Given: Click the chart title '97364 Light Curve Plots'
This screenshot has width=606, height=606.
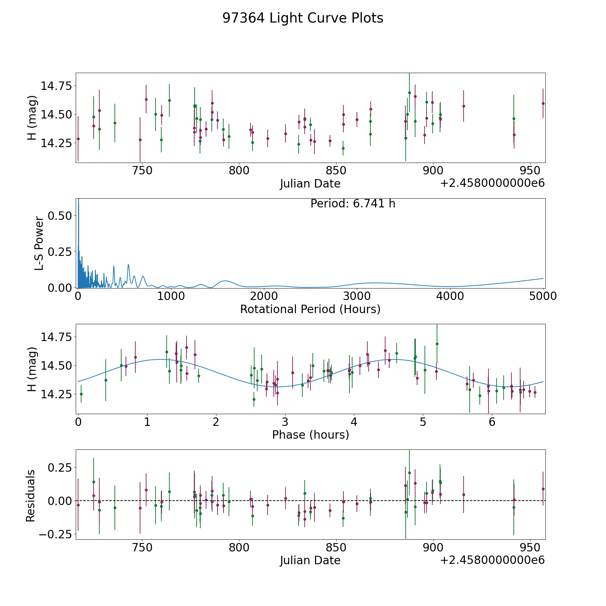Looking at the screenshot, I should (303, 18).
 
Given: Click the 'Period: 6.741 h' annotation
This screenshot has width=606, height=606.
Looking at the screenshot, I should (353, 204).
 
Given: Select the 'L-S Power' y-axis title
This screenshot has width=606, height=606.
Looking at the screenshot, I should (39, 243).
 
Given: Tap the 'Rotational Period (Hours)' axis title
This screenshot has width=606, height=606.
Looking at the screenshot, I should (310, 309).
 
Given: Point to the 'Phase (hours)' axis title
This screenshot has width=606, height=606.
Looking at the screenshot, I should (310, 435).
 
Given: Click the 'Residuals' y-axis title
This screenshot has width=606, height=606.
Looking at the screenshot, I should (31, 496).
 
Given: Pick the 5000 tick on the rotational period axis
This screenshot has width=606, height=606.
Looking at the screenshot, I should (543, 296).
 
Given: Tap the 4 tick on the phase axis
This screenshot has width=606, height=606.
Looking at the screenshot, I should (354, 422).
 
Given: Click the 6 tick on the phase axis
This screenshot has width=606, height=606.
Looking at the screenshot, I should (492, 422).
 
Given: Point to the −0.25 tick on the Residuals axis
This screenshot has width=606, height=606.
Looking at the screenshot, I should (56, 534).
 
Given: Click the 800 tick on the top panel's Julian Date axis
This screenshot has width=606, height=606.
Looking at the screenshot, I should (239, 171).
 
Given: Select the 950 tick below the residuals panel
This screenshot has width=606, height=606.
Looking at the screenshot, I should (530, 547).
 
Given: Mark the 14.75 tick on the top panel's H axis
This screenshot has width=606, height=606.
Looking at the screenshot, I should (57, 86).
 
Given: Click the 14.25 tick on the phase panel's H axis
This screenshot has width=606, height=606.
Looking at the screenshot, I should (57, 394).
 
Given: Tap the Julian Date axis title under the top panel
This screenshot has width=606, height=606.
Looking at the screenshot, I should (310, 184).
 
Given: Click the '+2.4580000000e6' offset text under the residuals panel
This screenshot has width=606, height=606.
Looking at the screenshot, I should (492, 560).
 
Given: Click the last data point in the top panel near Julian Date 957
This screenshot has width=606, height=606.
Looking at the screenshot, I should (543, 103).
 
